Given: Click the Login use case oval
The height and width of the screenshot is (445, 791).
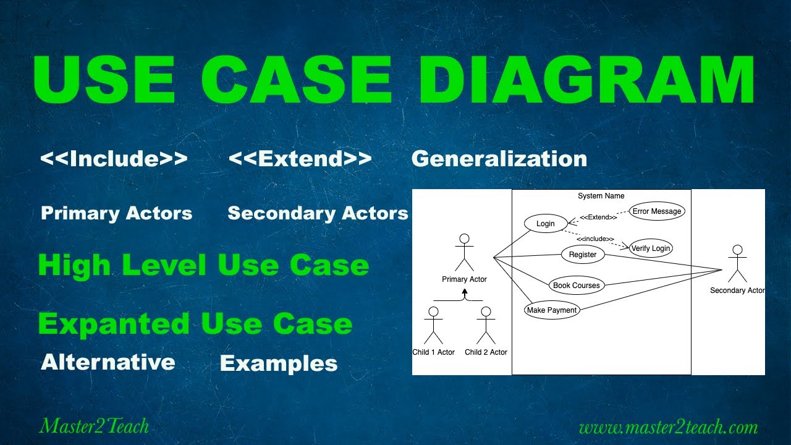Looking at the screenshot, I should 545,224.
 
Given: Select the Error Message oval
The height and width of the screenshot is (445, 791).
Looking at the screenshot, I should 657,211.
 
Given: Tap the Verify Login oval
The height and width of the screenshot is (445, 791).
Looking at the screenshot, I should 651,248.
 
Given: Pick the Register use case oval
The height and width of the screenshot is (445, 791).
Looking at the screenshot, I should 583,254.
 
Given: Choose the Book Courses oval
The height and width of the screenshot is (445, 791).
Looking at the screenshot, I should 577,286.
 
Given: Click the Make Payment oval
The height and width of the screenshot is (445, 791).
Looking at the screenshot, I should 552,310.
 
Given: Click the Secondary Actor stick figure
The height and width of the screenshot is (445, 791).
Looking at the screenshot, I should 737,264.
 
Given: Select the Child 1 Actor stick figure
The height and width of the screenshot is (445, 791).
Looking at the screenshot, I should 433,326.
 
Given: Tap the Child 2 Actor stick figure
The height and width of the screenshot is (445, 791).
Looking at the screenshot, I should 486,326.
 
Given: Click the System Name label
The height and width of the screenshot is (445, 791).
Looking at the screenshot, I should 601,196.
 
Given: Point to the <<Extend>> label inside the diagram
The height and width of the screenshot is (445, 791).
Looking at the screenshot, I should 598,217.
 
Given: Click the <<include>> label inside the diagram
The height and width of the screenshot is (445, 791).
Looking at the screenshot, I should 595,239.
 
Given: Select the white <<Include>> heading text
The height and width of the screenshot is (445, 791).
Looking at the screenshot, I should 114,159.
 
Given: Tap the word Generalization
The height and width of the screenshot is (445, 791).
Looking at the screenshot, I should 499,159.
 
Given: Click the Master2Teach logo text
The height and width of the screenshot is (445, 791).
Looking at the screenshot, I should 94,426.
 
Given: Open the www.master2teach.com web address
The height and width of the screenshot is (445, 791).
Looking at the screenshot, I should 668,427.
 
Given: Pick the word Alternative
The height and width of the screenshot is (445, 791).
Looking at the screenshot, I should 108,362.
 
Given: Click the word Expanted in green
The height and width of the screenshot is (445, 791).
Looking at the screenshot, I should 114,324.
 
